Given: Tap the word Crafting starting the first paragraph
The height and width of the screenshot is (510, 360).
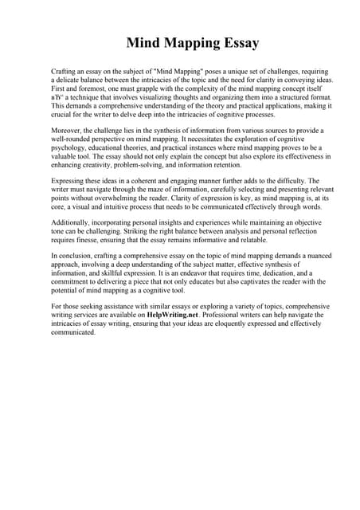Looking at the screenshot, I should (x=65, y=72).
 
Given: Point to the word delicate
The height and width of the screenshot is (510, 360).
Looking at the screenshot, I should (x=72, y=80).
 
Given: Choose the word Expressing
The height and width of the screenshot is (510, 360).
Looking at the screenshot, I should (x=69, y=181).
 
